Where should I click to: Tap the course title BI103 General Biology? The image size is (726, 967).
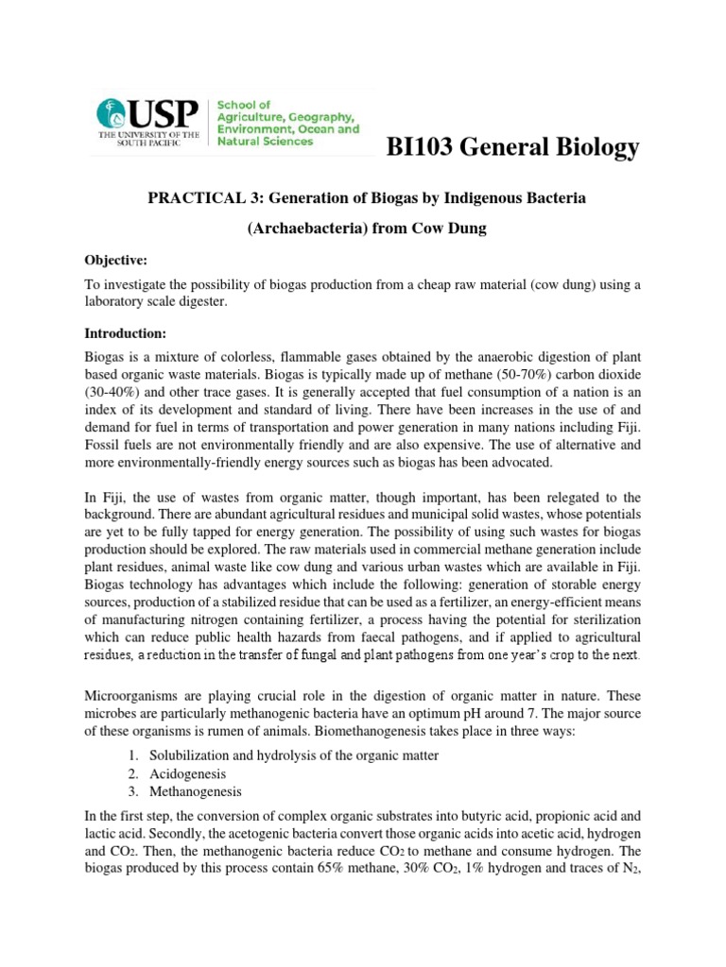pyautogui.click(x=514, y=147)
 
